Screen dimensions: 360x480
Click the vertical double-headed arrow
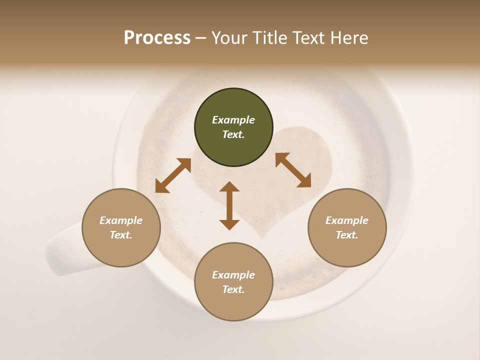tap(229, 205)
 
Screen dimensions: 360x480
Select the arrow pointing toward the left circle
tap(173, 175)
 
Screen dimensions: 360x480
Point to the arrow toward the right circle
tap(293, 170)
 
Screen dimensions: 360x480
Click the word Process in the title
tap(157, 37)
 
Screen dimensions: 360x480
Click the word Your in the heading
tap(230, 37)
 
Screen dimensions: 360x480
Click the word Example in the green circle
tap(233, 120)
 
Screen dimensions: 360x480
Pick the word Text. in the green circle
tap(233, 134)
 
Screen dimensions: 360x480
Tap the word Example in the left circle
tap(121, 220)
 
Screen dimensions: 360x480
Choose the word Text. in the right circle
tap(347, 235)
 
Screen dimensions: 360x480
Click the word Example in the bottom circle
tap(233, 275)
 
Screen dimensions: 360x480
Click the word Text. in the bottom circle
tap(233, 289)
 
